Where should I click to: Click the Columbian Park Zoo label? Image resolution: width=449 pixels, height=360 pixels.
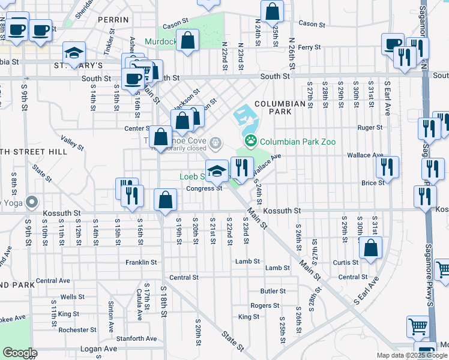point(297,142)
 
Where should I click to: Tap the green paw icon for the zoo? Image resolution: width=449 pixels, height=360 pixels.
point(250,142)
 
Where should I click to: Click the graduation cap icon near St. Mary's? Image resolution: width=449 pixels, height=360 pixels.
point(74,52)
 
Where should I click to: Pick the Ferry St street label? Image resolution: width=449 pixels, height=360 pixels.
point(309,47)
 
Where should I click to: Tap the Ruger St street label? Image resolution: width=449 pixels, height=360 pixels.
point(370,127)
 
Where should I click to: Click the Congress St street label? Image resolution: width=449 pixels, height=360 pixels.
point(204,188)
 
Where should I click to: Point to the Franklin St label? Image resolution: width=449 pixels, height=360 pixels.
point(141,262)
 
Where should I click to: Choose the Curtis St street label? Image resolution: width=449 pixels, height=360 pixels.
point(345,262)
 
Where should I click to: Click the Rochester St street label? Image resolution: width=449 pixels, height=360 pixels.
point(77,329)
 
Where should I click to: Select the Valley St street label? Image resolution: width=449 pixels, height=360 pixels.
point(72,145)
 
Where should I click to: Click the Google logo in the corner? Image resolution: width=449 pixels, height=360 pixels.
point(19,353)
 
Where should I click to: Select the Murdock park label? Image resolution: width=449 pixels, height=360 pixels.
point(160,42)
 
